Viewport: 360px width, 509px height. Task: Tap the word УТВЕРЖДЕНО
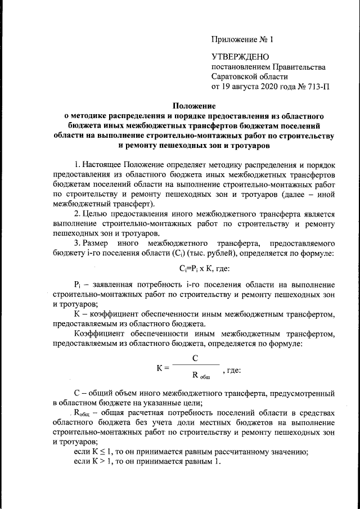(240, 57)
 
